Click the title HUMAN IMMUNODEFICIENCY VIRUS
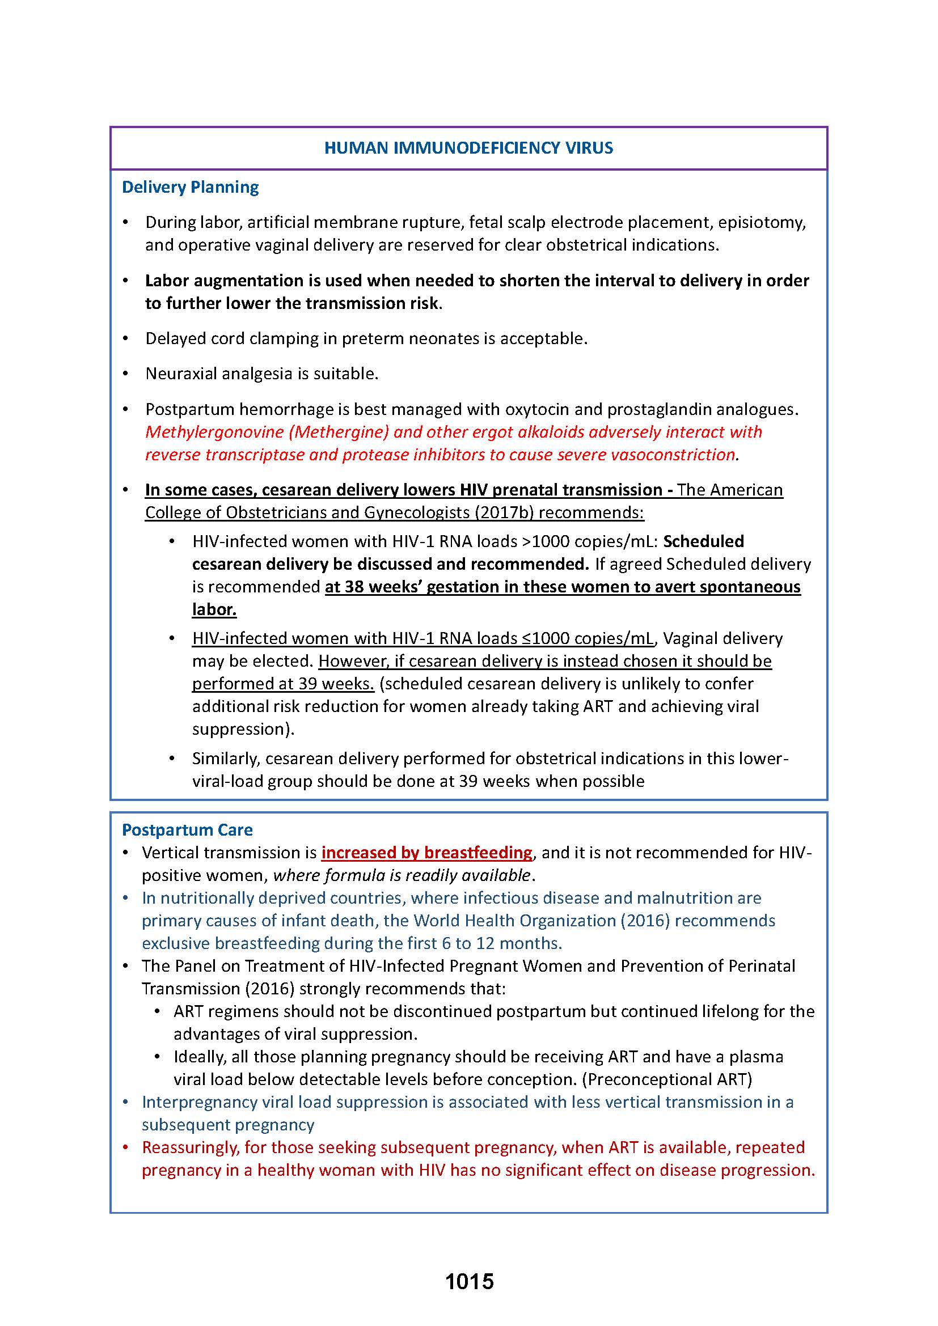coord(468,148)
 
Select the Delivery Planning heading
coord(190,187)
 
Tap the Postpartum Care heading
coord(187,830)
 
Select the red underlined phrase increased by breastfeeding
coord(427,853)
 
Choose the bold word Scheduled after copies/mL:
coord(703,541)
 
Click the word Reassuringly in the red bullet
coord(190,1147)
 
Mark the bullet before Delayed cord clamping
coord(126,339)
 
